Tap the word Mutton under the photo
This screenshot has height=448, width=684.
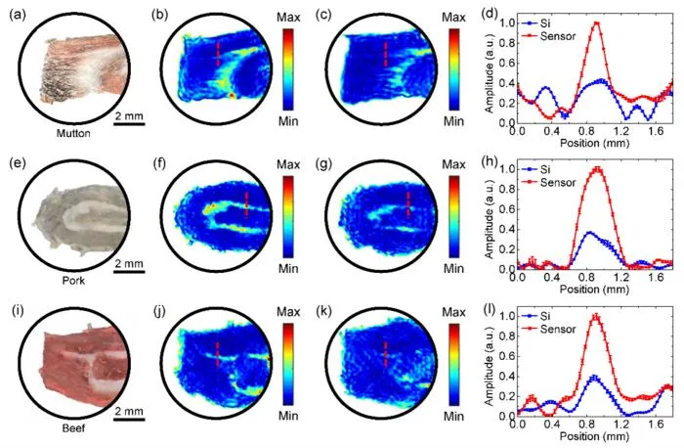coord(73,133)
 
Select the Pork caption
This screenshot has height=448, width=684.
coord(73,281)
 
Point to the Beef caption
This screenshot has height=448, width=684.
coord(73,427)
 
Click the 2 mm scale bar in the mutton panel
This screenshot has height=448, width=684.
coord(129,123)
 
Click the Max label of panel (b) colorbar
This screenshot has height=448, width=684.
coord(288,18)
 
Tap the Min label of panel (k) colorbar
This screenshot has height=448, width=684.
coord(453,416)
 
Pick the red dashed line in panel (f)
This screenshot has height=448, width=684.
coord(246,204)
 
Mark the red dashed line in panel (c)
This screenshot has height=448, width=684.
coord(385,54)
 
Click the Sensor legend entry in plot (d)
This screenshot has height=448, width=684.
coord(549,36)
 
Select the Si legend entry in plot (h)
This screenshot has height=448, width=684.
coord(536,169)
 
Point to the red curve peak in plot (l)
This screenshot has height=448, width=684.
coord(595,316)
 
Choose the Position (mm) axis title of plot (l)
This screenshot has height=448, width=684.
coord(594,436)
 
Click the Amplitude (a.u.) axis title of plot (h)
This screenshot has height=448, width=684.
coord(490,217)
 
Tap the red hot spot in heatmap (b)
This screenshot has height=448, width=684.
coord(233,95)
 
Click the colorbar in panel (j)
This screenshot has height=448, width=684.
coord(288,364)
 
